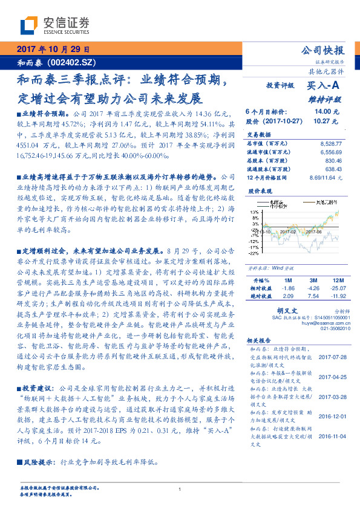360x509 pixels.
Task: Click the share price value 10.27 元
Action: pos(326,121)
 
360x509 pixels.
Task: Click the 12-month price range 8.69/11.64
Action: pos(326,178)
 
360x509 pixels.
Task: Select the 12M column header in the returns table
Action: pos(338,281)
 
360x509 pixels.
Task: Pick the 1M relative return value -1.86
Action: pos(287,289)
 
